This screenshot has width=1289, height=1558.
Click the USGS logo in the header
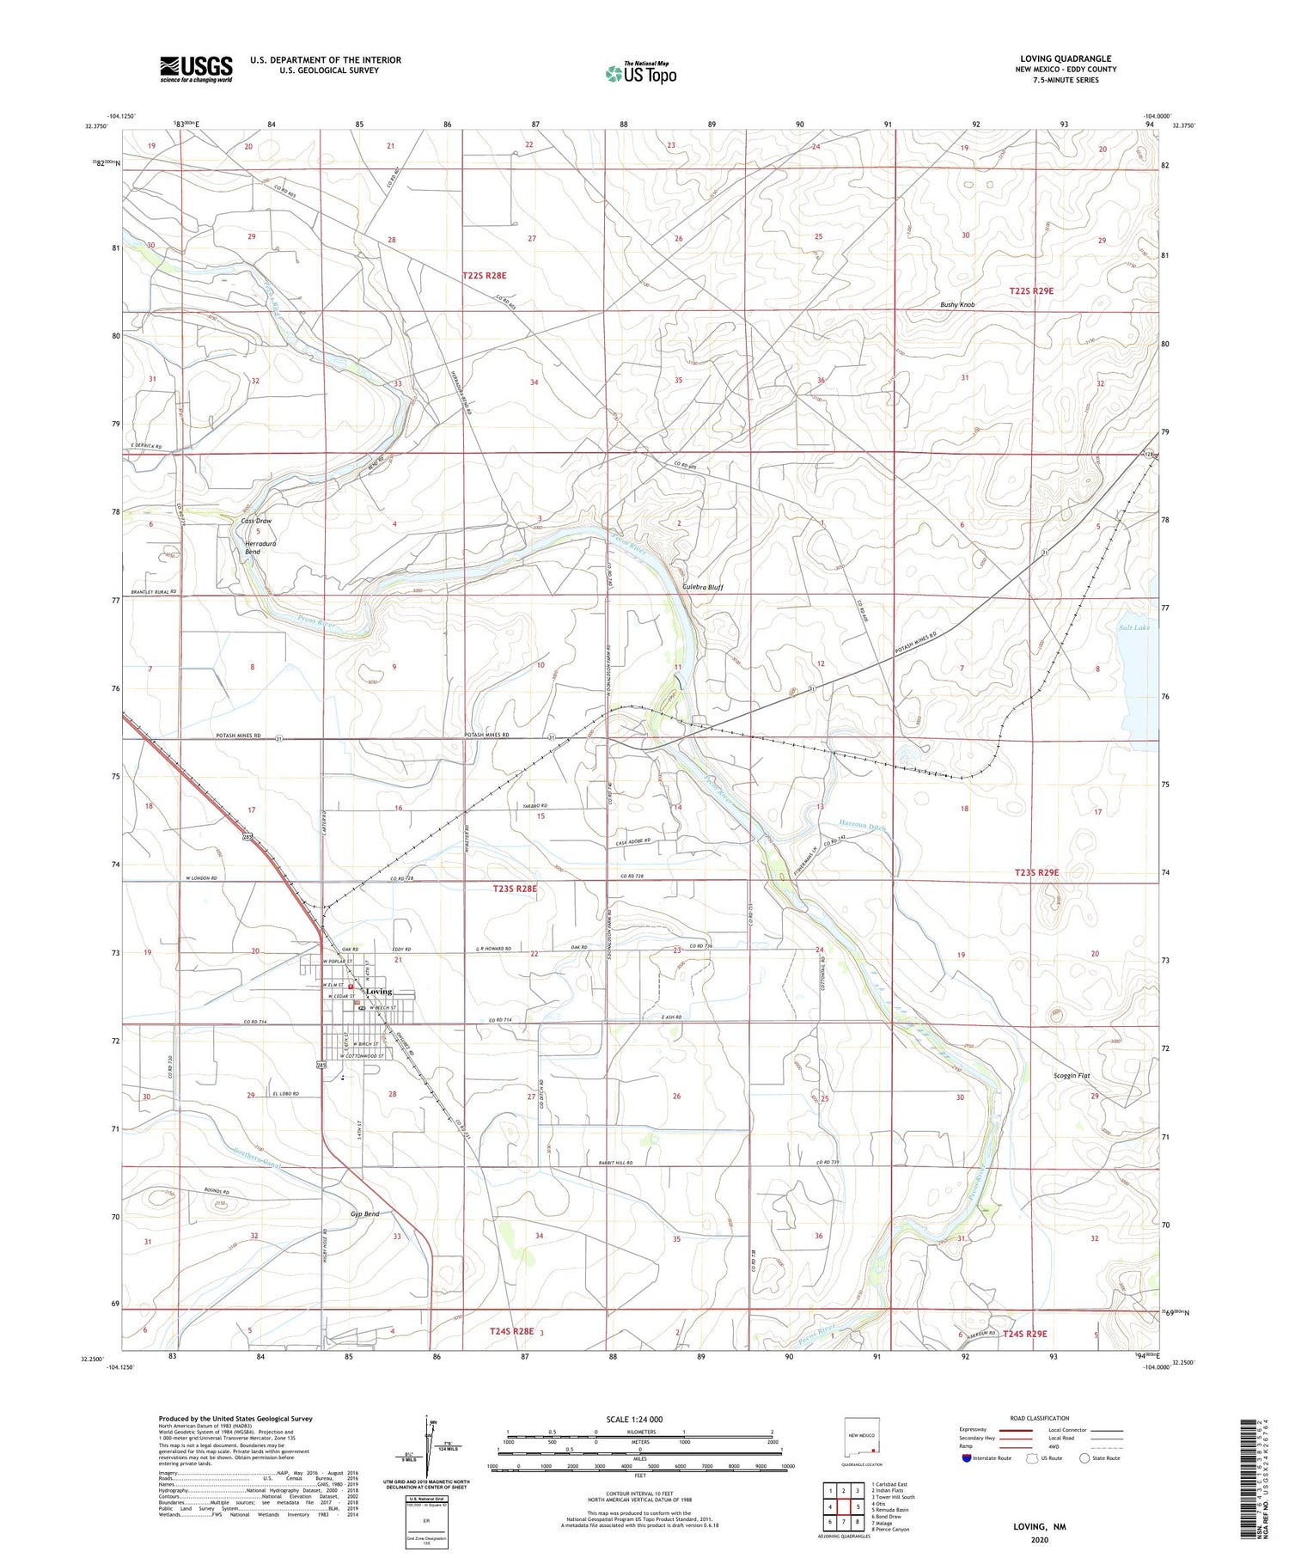pyautogui.click(x=195, y=69)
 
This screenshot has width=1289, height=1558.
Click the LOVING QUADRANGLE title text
pyautogui.click(x=1065, y=58)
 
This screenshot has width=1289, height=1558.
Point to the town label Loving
pyautogui.click(x=379, y=992)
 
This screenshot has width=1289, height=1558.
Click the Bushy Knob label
pyautogui.click(x=956, y=304)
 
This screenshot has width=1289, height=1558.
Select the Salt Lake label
pyautogui.click(x=1133, y=627)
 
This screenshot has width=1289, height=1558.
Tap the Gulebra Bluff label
pyautogui.click(x=702, y=588)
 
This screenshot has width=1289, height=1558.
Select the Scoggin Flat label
pyautogui.click(x=1071, y=1075)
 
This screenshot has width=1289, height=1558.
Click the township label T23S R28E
pyautogui.click(x=515, y=889)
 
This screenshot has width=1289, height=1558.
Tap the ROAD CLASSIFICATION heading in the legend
pyautogui.click(x=1040, y=1418)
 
